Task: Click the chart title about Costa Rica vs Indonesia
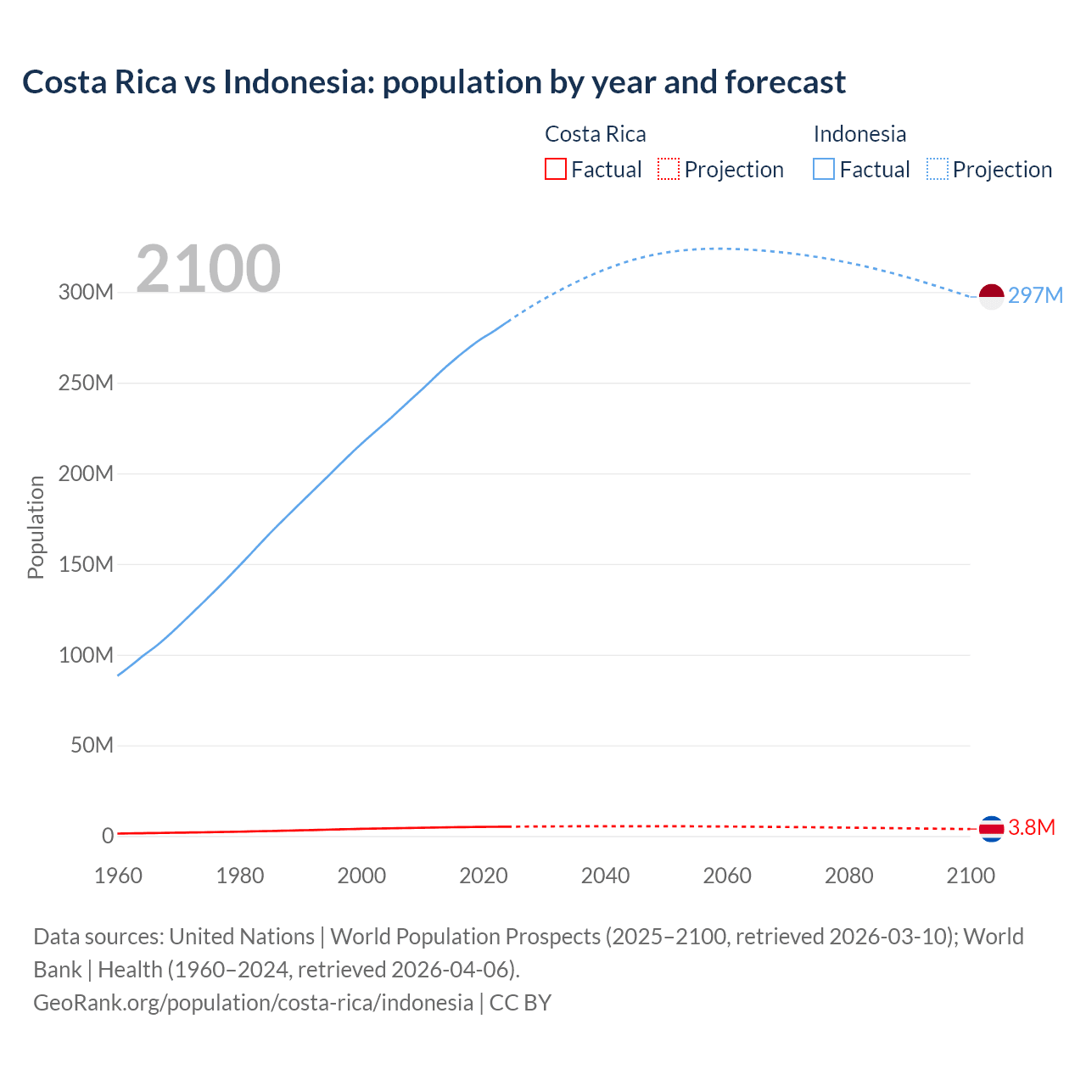434,82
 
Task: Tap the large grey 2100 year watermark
208,268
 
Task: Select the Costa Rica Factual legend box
555,170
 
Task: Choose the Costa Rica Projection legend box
669,170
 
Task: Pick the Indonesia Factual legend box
824,170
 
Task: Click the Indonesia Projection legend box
938,170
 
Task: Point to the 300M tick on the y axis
86,293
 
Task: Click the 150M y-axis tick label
86,565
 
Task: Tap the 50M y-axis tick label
92,746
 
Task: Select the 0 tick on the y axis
108,837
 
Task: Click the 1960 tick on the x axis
118,876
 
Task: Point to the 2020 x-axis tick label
484,876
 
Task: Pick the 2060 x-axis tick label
727,876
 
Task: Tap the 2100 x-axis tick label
971,876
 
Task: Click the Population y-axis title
36,527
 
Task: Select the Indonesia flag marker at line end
991,296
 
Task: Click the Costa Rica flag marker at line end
991,829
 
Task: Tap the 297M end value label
1035,295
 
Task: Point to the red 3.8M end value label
1032,828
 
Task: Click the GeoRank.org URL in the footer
253,1003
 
